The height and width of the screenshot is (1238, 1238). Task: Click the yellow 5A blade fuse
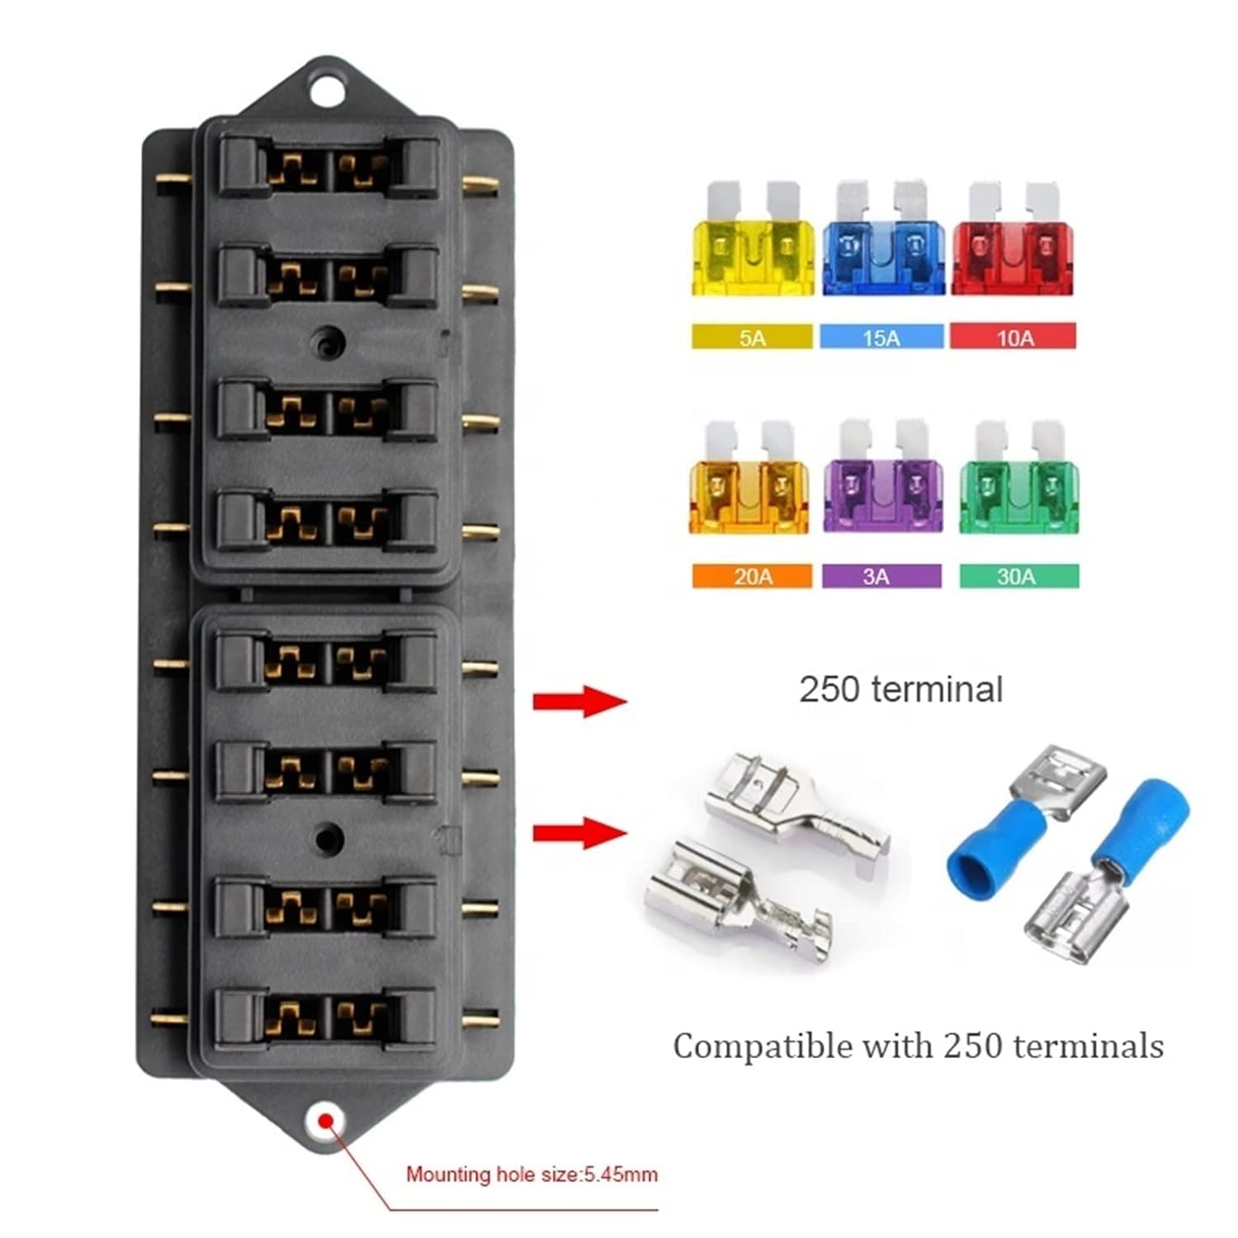(x=751, y=248)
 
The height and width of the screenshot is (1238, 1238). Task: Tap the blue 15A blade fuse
(x=881, y=248)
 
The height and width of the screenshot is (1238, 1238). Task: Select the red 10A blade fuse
(x=1013, y=248)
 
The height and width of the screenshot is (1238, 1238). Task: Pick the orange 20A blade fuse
(x=749, y=487)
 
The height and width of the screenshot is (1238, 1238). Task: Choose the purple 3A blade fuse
(x=882, y=487)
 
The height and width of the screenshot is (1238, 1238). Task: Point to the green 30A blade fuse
(x=1018, y=487)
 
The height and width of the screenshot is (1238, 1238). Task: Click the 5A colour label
(x=752, y=337)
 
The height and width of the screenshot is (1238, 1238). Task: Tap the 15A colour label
(x=881, y=337)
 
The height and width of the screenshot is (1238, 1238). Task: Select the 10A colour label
(x=1014, y=337)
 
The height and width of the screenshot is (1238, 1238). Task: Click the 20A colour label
(x=752, y=576)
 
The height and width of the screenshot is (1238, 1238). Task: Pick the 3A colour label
(x=881, y=576)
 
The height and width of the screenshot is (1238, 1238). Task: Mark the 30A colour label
(x=1018, y=576)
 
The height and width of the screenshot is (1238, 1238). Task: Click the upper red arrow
(x=579, y=702)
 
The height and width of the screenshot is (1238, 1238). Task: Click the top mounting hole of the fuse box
(x=328, y=89)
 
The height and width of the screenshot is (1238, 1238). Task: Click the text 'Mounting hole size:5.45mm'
(x=532, y=1174)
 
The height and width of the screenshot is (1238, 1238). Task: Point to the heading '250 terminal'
(x=900, y=690)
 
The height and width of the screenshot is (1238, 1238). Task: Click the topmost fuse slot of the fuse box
(x=328, y=168)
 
